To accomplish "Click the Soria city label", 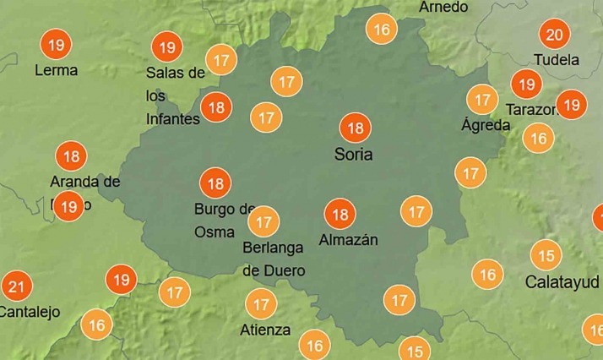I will click(x=353, y=155).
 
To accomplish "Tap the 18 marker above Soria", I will click(x=354, y=128).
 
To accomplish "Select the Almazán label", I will click(x=348, y=240).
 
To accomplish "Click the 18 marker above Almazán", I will click(x=340, y=215).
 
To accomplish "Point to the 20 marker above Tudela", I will click(x=554, y=35).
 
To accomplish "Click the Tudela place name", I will click(x=557, y=60).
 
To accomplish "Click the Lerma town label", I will click(x=56, y=70).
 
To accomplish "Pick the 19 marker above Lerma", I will click(x=57, y=44).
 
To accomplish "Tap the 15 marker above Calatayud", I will click(x=546, y=255).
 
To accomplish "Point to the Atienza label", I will click(x=266, y=330).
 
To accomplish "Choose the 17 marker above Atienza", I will click(x=261, y=303).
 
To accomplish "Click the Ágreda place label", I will click(x=486, y=125).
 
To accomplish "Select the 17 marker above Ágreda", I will click(x=482, y=100).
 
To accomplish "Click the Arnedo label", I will click(x=443, y=7).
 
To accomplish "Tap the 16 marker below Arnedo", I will click(x=382, y=30).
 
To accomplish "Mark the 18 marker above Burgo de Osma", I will click(x=215, y=183).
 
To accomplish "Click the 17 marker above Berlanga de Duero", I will click(x=263, y=222).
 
